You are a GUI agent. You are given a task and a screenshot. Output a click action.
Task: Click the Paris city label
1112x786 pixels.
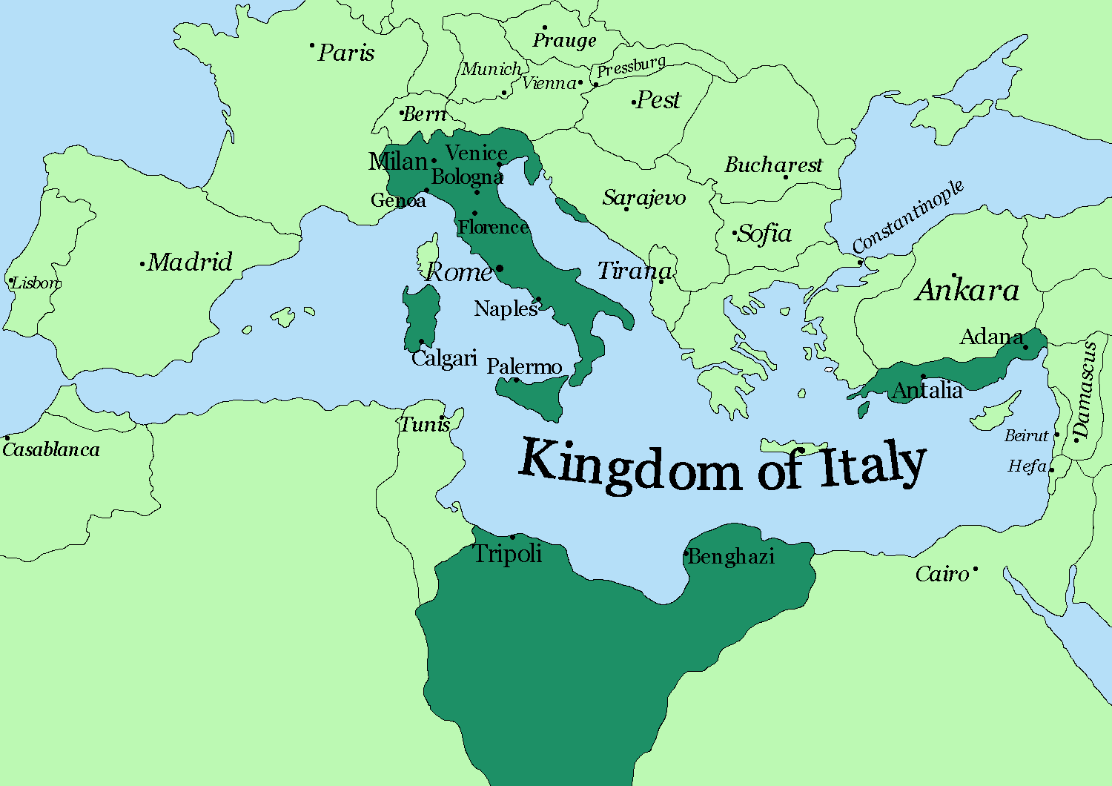pyautogui.click(x=346, y=53)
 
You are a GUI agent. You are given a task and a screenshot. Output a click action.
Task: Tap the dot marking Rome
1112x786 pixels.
pyautogui.click(x=500, y=268)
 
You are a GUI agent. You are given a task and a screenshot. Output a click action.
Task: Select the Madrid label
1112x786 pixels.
pyautogui.click(x=190, y=262)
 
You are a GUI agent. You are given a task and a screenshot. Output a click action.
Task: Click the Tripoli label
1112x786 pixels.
pyautogui.click(x=508, y=553)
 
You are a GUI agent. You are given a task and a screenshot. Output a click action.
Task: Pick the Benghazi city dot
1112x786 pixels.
pyautogui.click(x=686, y=553)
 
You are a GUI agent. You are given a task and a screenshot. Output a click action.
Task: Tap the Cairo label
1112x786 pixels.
pyautogui.click(x=941, y=574)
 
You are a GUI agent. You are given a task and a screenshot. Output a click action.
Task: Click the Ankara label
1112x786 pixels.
pyautogui.click(x=967, y=290)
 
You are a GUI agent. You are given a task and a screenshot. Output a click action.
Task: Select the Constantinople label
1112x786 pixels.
pyautogui.click(x=907, y=216)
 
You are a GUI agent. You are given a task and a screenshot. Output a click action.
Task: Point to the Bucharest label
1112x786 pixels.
pyautogui.click(x=773, y=165)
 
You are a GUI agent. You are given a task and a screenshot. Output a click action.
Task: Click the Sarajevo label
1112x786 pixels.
pyautogui.click(x=643, y=197)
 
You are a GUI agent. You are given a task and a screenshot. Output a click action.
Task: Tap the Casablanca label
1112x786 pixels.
pyautogui.click(x=51, y=449)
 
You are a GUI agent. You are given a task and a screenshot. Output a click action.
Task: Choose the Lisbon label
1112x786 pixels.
pyautogui.click(x=36, y=283)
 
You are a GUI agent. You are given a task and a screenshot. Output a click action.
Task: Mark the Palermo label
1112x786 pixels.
pyautogui.click(x=524, y=366)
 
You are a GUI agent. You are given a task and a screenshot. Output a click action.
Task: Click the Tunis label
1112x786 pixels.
pyautogui.click(x=425, y=424)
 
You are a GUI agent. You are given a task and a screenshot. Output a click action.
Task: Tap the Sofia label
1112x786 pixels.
pyautogui.click(x=765, y=234)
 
